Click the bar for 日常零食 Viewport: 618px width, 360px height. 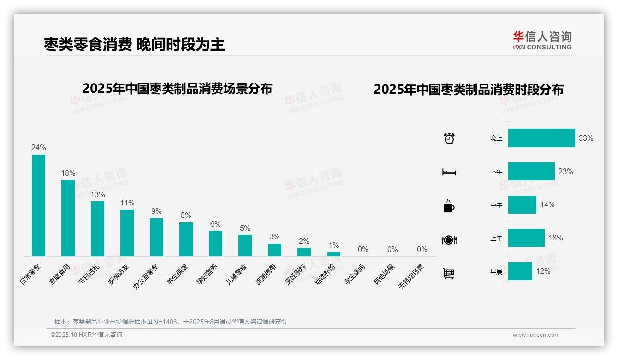38,205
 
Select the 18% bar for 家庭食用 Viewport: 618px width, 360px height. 68,218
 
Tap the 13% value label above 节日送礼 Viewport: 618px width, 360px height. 97,195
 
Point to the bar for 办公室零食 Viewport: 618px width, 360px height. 156,237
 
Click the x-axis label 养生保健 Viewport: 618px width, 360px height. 178,274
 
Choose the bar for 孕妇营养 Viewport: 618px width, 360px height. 215,244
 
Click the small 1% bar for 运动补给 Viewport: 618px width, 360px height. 333,254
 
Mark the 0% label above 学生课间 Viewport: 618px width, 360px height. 363,250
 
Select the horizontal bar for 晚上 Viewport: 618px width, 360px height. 541,138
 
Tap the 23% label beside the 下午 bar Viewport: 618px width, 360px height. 566,172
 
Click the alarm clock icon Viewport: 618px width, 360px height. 449,138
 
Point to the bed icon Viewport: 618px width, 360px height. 449,172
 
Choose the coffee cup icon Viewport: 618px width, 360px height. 449,206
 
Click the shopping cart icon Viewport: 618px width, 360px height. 449,273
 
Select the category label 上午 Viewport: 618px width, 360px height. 496,239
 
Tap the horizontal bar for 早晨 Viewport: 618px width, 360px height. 520,271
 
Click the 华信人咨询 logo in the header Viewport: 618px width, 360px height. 542,40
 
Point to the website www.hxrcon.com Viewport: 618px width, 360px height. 536,335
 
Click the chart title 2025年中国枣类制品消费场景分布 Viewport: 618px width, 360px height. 177,89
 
